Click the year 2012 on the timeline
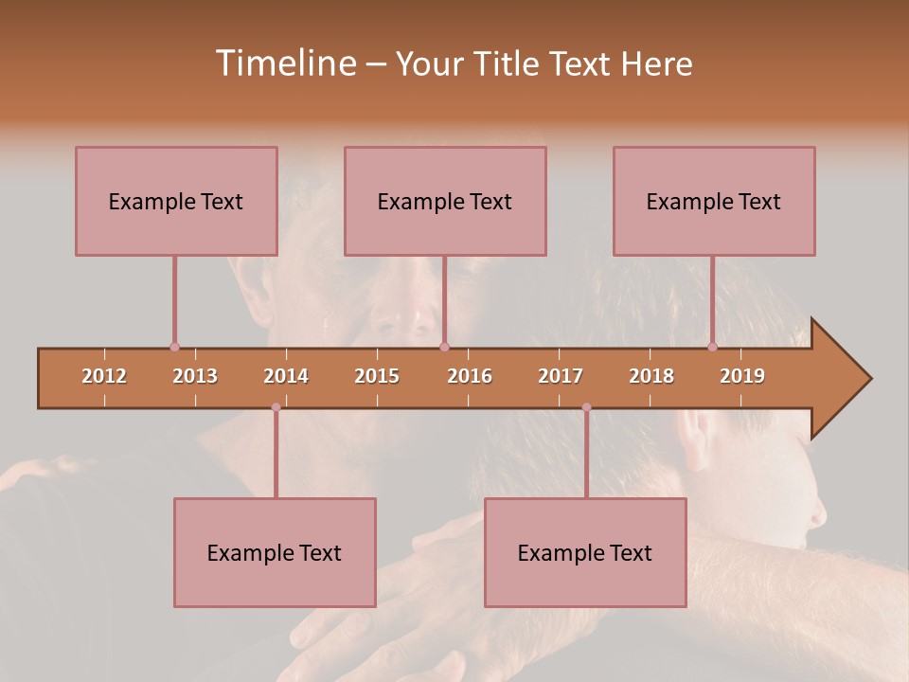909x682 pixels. (x=104, y=377)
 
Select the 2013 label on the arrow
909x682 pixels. (x=195, y=377)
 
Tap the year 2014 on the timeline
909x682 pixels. (x=286, y=377)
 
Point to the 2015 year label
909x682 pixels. (x=377, y=377)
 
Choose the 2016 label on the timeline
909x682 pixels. (x=470, y=377)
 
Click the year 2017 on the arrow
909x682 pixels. (x=561, y=377)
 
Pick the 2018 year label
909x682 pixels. (x=651, y=377)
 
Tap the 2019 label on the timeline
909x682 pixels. (x=742, y=377)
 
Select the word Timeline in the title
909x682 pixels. (x=284, y=63)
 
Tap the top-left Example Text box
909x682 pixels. (x=176, y=201)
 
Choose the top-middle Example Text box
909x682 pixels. (x=445, y=201)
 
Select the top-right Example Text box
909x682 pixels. (x=714, y=201)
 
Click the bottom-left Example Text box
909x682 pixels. (x=275, y=552)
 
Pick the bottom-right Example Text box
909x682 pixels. (x=585, y=552)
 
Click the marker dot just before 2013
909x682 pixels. (x=174, y=347)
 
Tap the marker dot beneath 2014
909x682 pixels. (x=276, y=407)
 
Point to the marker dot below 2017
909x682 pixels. (x=586, y=407)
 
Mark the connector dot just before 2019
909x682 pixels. (x=712, y=347)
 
